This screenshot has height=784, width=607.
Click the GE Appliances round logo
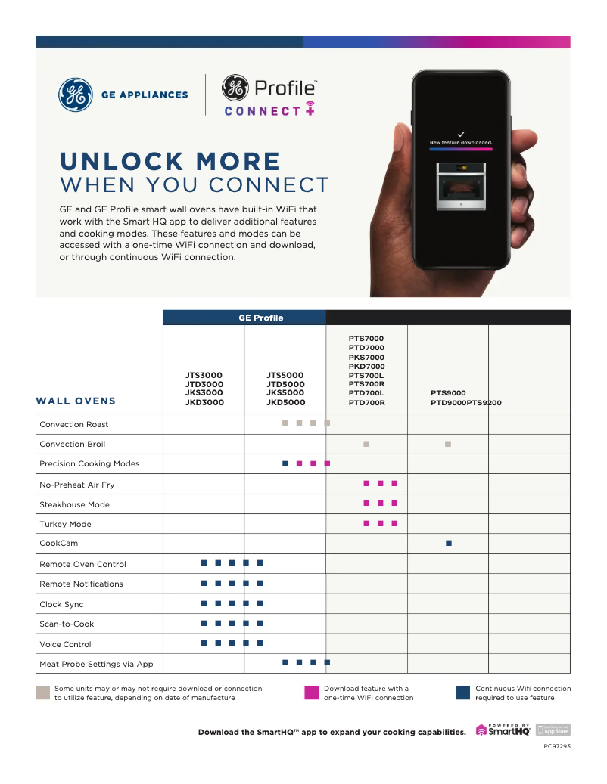click(76, 95)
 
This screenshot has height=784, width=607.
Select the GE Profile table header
click(261, 318)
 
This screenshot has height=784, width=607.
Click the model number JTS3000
click(204, 375)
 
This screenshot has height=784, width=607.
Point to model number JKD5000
click(285, 402)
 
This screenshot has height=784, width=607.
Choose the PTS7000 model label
click(366, 339)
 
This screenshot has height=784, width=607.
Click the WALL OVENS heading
click(76, 401)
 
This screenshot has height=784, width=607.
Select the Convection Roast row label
click(74, 425)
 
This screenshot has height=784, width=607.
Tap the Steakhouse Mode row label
click(74, 504)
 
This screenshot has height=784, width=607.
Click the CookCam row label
click(58, 544)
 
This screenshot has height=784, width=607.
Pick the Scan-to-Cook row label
click(67, 624)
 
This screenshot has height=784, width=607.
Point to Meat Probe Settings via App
click(96, 665)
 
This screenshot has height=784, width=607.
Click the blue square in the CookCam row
click(449, 544)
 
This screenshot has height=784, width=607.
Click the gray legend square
click(42, 693)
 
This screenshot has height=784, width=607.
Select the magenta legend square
click(311, 693)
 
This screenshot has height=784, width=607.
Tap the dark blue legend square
click(463, 693)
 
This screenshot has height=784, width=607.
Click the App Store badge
click(553, 730)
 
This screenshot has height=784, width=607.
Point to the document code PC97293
click(556, 747)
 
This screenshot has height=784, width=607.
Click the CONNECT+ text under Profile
click(269, 110)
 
